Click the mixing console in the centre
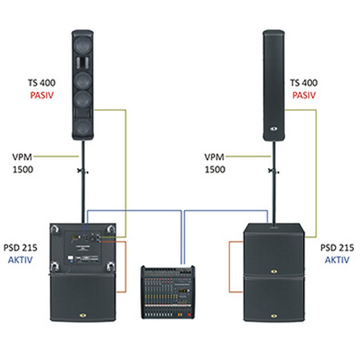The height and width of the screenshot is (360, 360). pyautogui.click(x=168, y=292)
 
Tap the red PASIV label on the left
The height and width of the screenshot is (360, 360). pyautogui.click(x=42, y=95)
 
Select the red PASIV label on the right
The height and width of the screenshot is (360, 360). pyautogui.click(x=304, y=95)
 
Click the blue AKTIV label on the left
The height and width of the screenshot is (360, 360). pyautogui.click(x=20, y=260)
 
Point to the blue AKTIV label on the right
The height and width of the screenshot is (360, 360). pyautogui.click(x=337, y=260)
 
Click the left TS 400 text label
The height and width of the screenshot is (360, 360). pyautogui.click(x=41, y=83)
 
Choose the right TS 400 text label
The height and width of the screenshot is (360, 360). pyautogui.click(x=304, y=83)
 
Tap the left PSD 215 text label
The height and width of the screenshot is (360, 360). pyautogui.click(x=20, y=247)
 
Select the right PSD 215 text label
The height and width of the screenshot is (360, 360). pyautogui.click(x=337, y=247)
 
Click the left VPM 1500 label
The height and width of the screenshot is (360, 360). pyautogui.click(x=22, y=163)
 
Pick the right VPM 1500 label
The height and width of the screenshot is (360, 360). pyautogui.click(x=215, y=163)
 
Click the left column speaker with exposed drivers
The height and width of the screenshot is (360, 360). pyautogui.click(x=83, y=85)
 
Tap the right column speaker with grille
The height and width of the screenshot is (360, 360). pyautogui.click(x=274, y=85)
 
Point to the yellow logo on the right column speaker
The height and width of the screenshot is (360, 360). pyautogui.click(x=274, y=129)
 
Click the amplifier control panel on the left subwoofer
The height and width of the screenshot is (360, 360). pyautogui.click(x=83, y=248)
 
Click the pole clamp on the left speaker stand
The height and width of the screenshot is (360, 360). pyautogui.click(x=83, y=171)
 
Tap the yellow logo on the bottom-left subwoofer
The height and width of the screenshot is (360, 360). pyautogui.click(x=83, y=315)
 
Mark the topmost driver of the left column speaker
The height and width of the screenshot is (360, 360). pyautogui.click(x=83, y=45)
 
